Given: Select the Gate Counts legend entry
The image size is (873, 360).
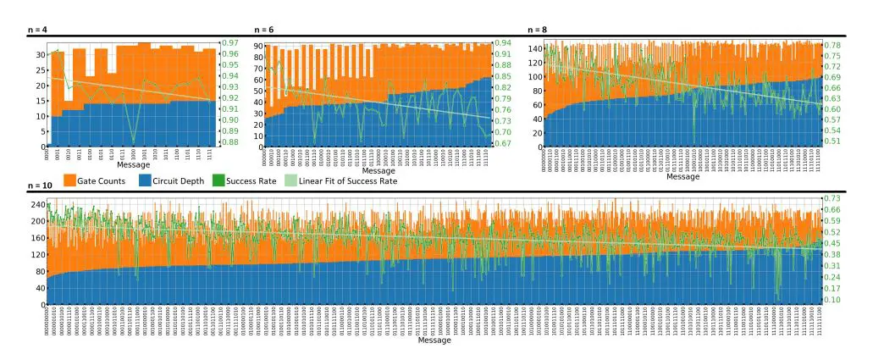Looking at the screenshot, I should click(96, 180).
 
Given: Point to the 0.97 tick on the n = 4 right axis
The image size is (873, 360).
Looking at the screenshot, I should click(230, 43).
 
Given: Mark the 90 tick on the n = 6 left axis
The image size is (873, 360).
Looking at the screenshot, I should click(257, 43).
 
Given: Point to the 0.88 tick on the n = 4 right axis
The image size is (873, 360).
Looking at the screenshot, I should click(230, 142).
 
